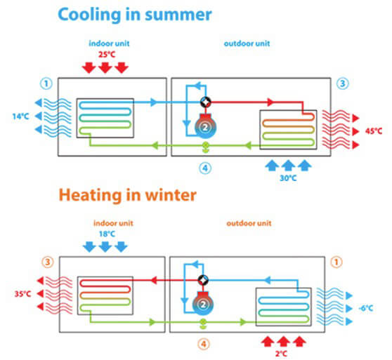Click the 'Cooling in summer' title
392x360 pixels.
click(135, 15)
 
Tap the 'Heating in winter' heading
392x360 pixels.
click(127, 195)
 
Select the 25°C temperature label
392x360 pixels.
click(107, 55)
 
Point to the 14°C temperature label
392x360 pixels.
click(21, 116)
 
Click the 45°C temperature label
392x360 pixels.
click(374, 131)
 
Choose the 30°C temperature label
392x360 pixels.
click(288, 178)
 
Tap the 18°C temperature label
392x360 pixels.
click(107, 234)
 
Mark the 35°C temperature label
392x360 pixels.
click(22, 294)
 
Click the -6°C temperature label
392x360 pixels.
click(366, 308)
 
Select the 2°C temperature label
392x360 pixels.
click(281, 354)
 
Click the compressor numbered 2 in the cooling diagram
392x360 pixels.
click(205, 126)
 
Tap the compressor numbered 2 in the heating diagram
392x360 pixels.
click(203, 304)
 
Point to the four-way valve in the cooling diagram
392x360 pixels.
click(206, 102)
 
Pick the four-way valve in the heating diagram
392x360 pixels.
click(203, 280)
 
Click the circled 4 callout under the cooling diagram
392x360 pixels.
click(205, 168)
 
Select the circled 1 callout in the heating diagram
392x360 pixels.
click(337, 262)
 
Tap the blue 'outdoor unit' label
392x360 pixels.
click(247, 44)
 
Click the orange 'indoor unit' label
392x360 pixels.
click(113, 223)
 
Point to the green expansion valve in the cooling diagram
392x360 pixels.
click(206, 147)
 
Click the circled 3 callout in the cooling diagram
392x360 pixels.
click(343, 84)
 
